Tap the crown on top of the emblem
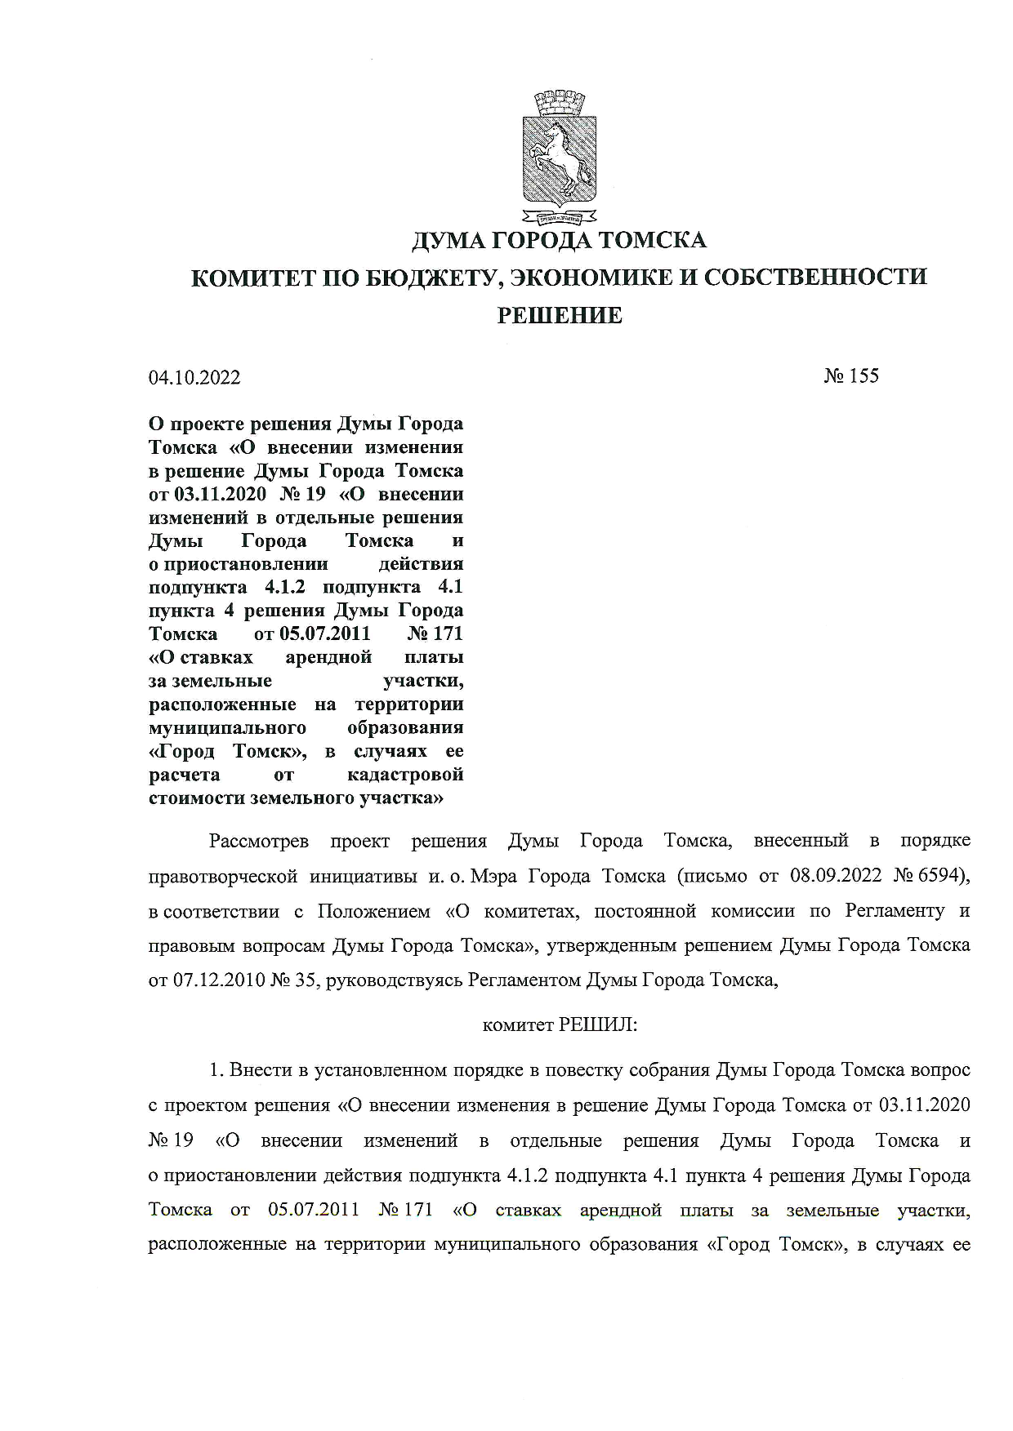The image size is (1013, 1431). [x=560, y=104]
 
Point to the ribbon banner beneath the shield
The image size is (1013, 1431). [x=560, y=218]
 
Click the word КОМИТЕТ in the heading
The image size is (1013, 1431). [x=252, y=278]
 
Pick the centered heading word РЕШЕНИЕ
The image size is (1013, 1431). [x=560, y=315]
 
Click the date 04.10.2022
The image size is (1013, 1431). [x=194, y=377]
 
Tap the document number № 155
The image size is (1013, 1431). [x=851, y=376]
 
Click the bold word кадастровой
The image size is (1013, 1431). [x=405, y=774]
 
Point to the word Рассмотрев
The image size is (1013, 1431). [x=258, y=841]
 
